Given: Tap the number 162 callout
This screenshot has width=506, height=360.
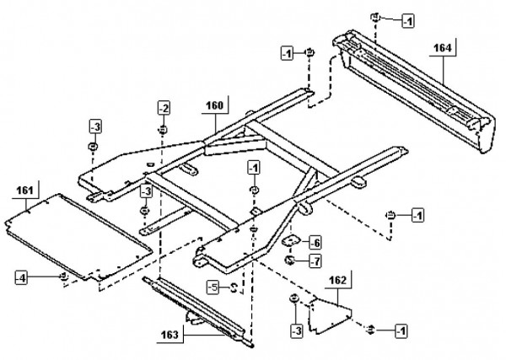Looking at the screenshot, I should [338, 279].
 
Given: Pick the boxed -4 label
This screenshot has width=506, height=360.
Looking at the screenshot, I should [23, 276].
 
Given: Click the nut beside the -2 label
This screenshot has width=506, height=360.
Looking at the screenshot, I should [162, 131].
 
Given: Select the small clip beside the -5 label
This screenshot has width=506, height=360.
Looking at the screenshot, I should [234, 289].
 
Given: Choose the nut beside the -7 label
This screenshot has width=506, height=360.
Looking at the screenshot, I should [289, 261].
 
